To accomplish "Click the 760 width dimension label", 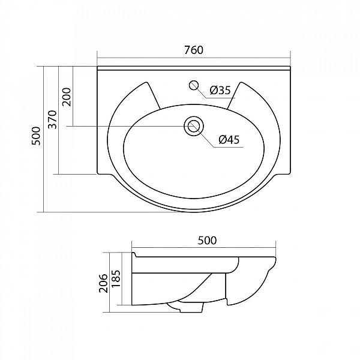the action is click(194, 50).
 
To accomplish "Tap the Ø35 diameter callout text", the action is click(220, 90).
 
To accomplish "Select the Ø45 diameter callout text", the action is click(229, 139).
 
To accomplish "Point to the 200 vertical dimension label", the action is click(67, 97).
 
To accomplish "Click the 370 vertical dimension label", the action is click(52, 119).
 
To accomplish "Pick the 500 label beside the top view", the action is click(36, 136).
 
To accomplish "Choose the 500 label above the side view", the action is click(207, 241).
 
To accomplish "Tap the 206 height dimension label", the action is click(103, 283).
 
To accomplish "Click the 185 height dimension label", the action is click(116, 278).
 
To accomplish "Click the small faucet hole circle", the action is click(194, 85).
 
